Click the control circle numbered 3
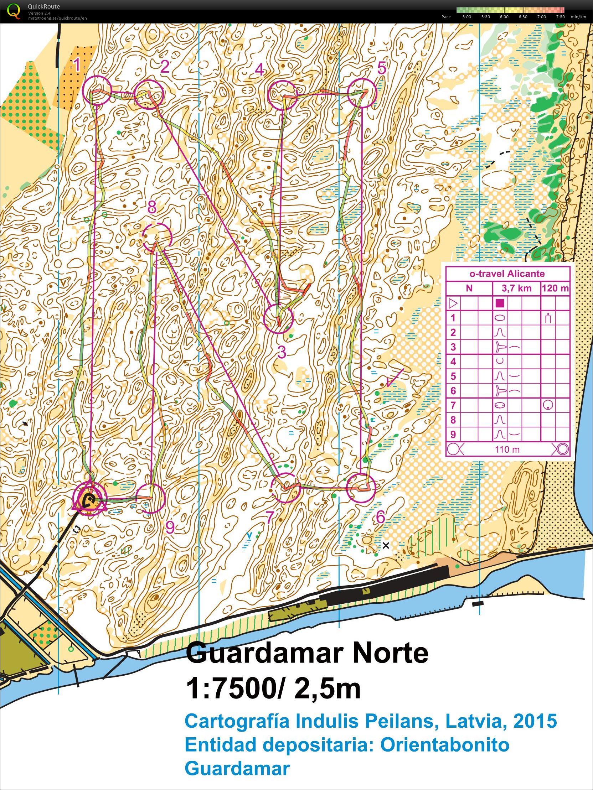[x=278, y=318]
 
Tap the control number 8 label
[x=152, y=207]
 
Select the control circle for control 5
[x=362, y=93]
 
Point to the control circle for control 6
[x=361, y=488]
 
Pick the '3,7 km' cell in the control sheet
[x=516, y=288]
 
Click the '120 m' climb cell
[x=555, y=288]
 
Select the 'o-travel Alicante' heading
[x=507, y=274]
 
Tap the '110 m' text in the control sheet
[x=507, y=449]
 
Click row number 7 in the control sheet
[x=453, y=405]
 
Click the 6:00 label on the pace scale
[x=504, y=17]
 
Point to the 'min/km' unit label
[x=578, y=17]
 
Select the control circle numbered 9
[x=150, y=499]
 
